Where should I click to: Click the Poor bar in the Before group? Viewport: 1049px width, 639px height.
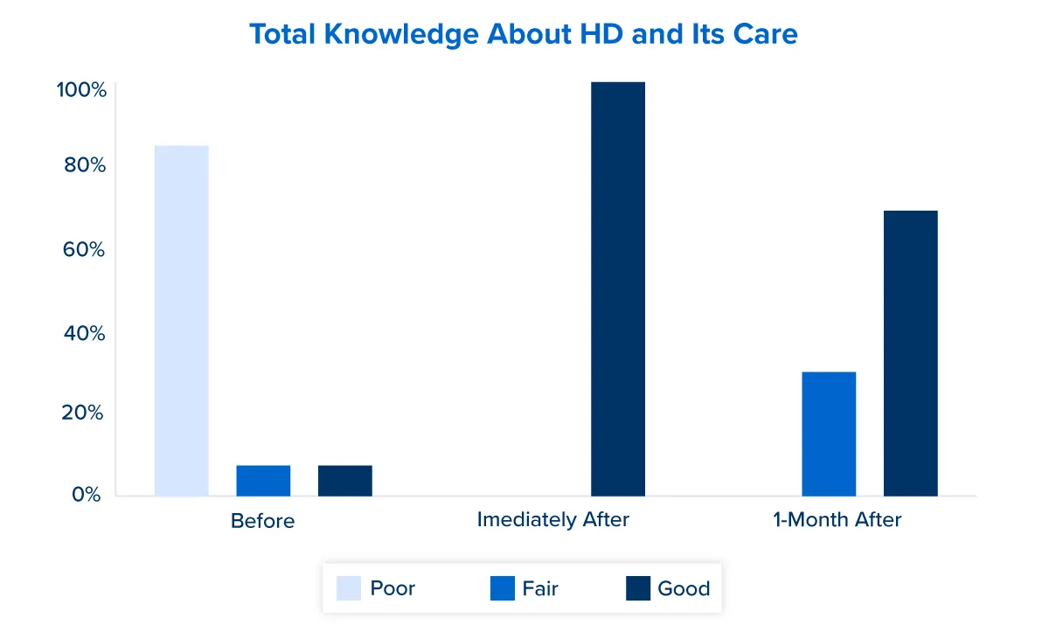182,320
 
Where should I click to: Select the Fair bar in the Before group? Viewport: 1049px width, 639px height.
263,481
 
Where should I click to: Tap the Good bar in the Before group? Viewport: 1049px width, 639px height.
345,481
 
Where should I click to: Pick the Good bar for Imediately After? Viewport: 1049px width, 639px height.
618,288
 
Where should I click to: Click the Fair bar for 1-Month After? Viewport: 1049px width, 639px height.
829,434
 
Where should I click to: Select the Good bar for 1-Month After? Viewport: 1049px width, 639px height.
910,353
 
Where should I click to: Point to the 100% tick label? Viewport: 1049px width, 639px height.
81,90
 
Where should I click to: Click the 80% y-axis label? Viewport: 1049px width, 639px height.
84,165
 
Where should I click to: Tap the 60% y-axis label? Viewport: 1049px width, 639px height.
84,250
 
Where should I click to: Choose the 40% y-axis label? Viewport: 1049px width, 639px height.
84,334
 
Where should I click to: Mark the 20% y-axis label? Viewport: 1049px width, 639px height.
84,413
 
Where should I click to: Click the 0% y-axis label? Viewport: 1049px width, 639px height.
87,495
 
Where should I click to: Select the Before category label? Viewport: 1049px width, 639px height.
263,521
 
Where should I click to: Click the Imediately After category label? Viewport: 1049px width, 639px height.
553,519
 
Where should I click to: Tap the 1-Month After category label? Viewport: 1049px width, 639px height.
837,519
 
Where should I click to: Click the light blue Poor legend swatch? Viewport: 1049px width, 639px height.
349,588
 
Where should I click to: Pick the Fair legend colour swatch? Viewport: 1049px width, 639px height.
504,588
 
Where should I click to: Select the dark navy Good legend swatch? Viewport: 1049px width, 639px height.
639,588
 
